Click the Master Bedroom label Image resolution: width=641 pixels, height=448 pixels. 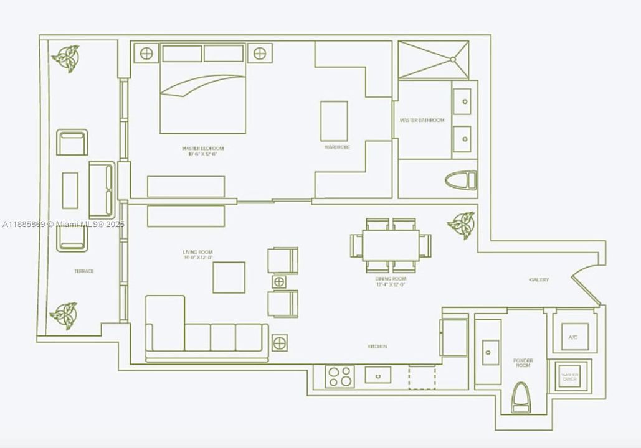pyautogui.click(x=202, y=148)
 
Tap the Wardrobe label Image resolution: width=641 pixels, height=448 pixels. pyautogui.click(x=337, y=147)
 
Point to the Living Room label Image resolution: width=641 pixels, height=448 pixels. pyautogui.click(x=197, y=252)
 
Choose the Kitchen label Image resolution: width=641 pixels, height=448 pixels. pyautogui.click(x=377, y=347)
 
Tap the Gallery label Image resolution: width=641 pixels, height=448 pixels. pyautogui.click(x=539, y=280)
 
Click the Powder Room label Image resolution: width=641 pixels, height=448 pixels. pyautogui.click(x=523, y=363)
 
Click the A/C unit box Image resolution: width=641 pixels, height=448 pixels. pyautogui.click(x=571, y=337)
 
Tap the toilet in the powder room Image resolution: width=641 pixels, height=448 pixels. pyautogui.click(x=521, y=398)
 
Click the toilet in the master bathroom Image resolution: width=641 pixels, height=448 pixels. pyautogui.click(x=462, y=180)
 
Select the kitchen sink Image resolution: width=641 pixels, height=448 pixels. pyautogui.click(x=377, y=375)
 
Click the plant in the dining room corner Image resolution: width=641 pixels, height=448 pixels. pyautogui.click(x=462, y=225)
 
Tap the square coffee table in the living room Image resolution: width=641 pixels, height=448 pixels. pyautogui.click(x=229, y=278)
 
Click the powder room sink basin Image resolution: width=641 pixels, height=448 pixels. pyautogui.click(x=490, y=352)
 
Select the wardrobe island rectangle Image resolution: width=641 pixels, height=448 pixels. pyautogui.click(x=335, y=121)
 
